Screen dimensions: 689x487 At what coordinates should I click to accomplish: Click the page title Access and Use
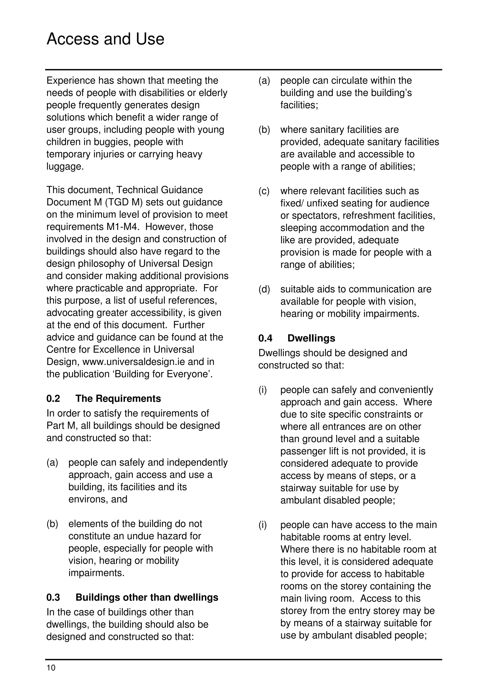pos(105,39)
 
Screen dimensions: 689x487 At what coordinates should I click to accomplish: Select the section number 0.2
pos(53,398)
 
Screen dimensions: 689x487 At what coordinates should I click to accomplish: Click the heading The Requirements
pos(118,398)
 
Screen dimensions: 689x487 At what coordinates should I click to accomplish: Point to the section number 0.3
pos(53,597)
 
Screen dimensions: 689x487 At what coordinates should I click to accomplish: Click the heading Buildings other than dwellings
pos(147,597)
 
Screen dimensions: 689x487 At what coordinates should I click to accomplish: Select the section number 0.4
pos(265,338)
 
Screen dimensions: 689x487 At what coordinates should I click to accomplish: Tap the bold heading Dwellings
pos(311,338)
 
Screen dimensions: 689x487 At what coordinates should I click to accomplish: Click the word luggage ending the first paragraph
pos(65,167)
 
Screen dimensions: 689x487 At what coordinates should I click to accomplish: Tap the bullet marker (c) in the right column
pos(264,191)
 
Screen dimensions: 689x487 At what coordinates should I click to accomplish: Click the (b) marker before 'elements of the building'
pos(52,524)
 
